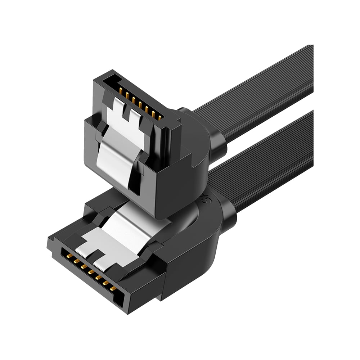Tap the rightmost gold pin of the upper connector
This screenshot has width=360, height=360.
tap(159, 117)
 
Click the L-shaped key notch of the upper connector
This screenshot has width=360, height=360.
tap(114, 78)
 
